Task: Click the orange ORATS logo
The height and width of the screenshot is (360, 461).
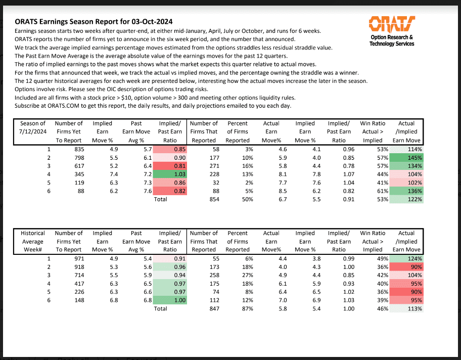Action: (392, 23)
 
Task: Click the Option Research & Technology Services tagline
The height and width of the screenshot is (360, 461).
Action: (392, 40)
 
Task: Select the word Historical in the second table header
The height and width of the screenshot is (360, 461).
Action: (32, 233)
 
